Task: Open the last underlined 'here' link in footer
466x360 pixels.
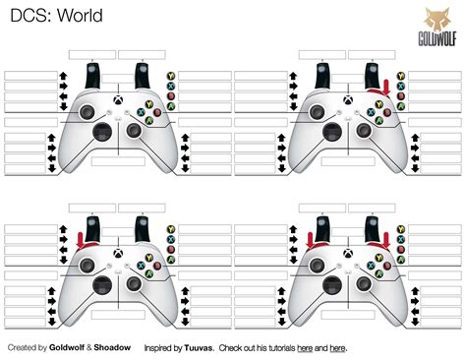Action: click(x=338, y=348)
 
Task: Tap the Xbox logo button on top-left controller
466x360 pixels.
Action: click(x=117, y=100)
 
